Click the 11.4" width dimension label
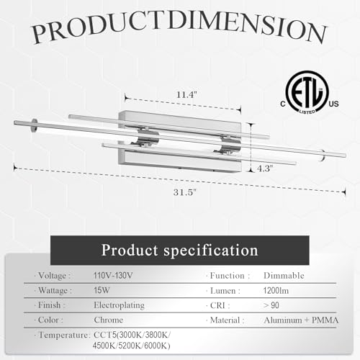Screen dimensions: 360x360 (x=186, y=95)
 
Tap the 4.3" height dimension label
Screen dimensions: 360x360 (x=265, y=168)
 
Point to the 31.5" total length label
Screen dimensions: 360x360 (x=185, y=192)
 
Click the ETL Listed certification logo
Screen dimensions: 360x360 (x=307, y=92)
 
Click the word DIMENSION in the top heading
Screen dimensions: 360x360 (x=247, y=25)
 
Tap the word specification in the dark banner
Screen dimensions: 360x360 (x=211, y=251)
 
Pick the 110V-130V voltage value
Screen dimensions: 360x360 (x=113, y=275)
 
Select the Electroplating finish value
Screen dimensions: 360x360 (x=119, y=305)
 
